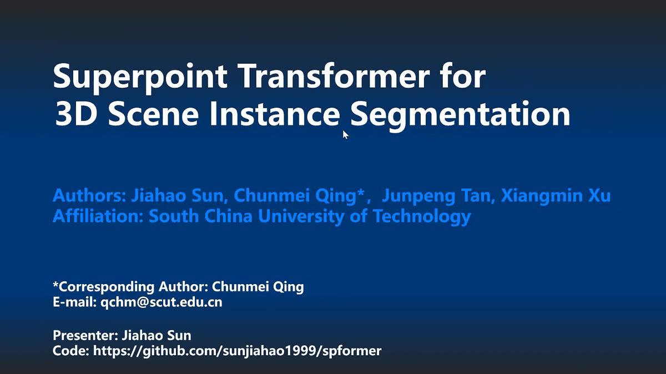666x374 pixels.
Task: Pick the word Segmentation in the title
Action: [461, 115]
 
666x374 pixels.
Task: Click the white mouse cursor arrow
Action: [345, 134]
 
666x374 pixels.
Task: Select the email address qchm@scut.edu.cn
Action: [161, 302]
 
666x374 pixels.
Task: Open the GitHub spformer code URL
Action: [237, 351]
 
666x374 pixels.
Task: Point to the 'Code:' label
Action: [70, 351]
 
